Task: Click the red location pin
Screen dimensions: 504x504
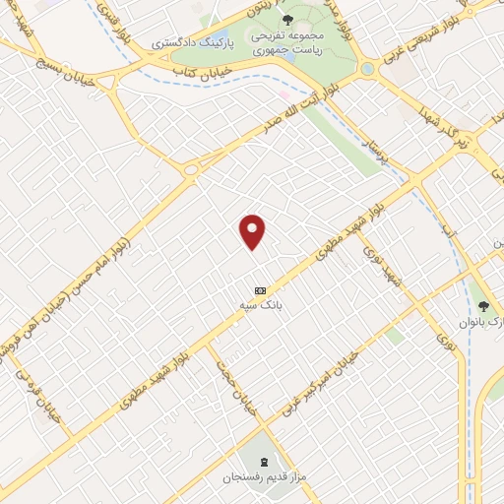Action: click(253, 230)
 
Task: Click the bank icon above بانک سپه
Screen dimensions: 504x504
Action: click(260, 290)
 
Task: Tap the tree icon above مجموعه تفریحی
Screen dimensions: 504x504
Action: click(287, 19)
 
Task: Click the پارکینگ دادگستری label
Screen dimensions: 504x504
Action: click(191, 44)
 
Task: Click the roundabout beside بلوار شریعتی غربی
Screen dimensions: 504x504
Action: click(368, 70)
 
